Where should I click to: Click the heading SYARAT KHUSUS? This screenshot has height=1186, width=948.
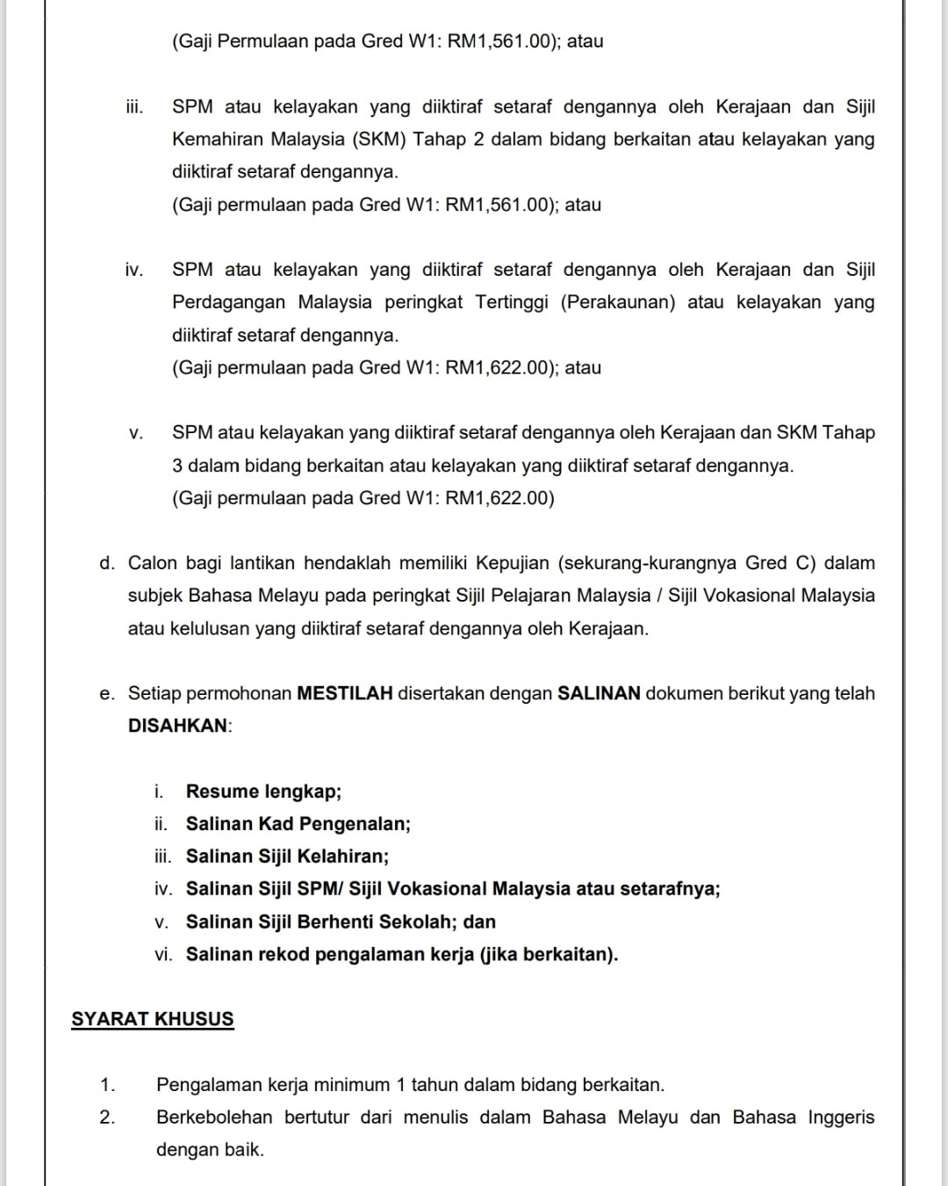pyautogui.click(x=153, y=1019)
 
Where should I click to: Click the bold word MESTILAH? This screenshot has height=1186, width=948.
pyautogui.click(x=345, y=693)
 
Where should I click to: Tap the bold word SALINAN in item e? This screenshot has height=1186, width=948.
pyautogui.click(x=600, y=693)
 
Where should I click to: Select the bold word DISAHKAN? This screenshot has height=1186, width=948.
pyautogui.click(x=178, y=727)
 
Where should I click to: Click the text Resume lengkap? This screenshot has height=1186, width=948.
pyautogui.click(x=263, y=792)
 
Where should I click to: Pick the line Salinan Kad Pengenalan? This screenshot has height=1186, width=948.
pyautogui.click(x=298, y=824)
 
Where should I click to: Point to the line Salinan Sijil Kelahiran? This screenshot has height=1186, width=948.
pyautogui.click(x=287, y=857)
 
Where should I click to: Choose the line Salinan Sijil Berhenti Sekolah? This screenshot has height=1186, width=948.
pyautogui.click(x=341, y=922)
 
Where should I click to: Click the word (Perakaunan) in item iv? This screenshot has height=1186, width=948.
pyautogui.click(x=618, y=302)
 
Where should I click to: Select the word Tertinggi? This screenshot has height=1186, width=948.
pyautogui.click(x=512, y=302)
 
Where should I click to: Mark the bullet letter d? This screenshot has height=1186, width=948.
pyautogui.click(x=106, y=563)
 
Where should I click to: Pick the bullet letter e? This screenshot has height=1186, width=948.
pyautogui.click(x=106, y=694)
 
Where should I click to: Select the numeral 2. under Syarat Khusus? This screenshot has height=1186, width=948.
pyautogui.click(x=107, y=1117)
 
